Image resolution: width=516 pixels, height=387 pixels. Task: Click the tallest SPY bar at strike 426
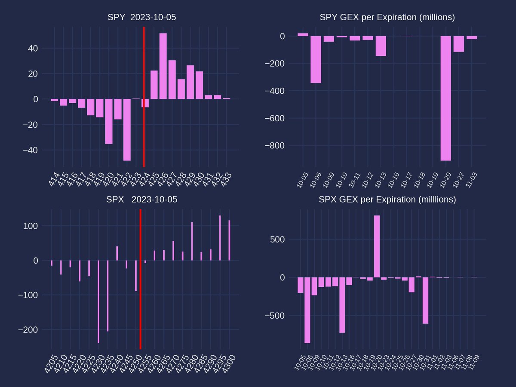pyautogui.click(x=163, y=66)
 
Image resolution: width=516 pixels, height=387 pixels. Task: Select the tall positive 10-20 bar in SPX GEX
pyautogui.click(x=377, y=246)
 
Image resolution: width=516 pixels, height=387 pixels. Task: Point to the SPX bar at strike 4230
pyautogui.click(x=98, y=301)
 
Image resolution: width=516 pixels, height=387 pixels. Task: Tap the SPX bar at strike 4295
pyautogui.click(x=220, y=238)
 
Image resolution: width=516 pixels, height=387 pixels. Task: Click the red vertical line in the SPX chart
pyautogui.click(x=140, y=301)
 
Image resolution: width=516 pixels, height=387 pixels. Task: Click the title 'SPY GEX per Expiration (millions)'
pyautogui.click(x=387, y=18)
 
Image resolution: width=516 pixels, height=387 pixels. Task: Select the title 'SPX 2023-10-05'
pyautogui.click(x=141, y=200)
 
